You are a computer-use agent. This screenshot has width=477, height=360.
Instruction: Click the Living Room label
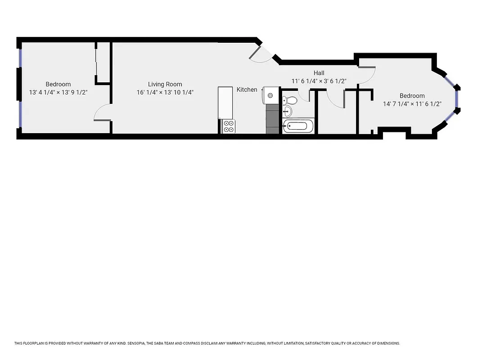point(165,84)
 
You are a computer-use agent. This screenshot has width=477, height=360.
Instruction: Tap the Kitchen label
point(247,90)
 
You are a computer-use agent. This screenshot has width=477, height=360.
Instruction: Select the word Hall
point(319,73)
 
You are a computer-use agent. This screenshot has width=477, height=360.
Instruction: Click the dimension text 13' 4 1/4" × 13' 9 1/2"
point(58,93)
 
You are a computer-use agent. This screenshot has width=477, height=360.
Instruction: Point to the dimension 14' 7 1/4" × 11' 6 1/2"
point(412,104)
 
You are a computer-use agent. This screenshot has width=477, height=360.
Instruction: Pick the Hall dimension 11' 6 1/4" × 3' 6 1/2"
point(319,81)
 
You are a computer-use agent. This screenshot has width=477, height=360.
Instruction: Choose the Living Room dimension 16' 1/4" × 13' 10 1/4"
point(165,93)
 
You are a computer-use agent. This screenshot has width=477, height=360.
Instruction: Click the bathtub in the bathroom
point(298,126)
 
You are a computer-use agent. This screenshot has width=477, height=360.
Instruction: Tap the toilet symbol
point(288,99)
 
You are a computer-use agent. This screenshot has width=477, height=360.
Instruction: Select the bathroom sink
point(288,111)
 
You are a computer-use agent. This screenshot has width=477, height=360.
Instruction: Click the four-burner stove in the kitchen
point(229,126)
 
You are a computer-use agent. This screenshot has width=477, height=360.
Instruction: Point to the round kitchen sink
point(270,95)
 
